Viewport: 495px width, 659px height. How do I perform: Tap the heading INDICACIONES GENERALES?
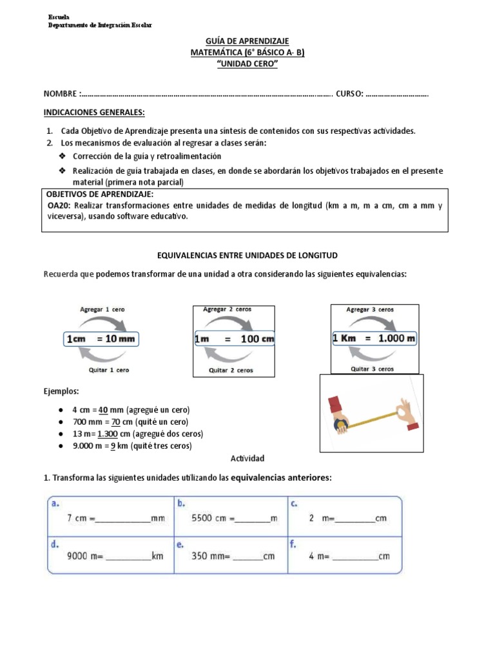(94, 112)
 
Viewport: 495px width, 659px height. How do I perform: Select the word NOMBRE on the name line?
(61, 94)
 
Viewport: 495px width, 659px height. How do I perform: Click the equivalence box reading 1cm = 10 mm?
(101, 339)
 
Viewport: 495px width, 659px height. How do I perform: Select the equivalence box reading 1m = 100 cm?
(234, 339)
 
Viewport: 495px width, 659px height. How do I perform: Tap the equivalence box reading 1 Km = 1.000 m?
(374, 338)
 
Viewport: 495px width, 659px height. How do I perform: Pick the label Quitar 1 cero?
(108, 370)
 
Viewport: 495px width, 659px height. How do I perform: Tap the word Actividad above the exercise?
(247, 458)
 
